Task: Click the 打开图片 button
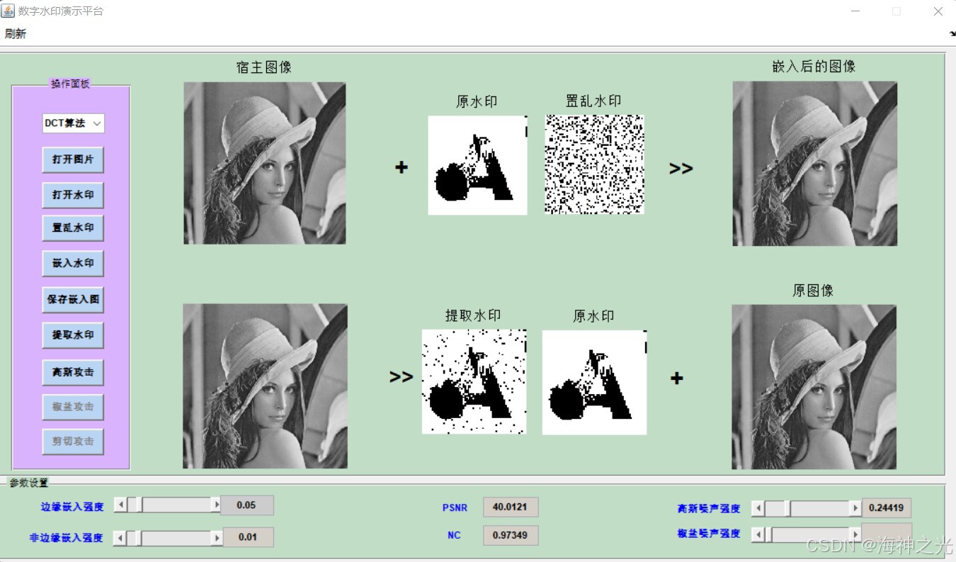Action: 73,159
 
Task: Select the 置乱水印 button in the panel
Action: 73,228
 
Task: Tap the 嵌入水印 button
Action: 73,263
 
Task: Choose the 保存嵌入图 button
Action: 73,299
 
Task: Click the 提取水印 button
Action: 73,335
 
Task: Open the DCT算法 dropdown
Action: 73,123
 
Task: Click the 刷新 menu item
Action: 15,33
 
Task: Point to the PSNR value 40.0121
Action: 510,507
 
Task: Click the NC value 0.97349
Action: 510,535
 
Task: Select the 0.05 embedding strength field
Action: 246,505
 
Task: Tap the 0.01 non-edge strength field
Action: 248,537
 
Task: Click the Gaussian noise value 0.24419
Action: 886,507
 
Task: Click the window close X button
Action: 938,11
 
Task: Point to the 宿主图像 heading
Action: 264,67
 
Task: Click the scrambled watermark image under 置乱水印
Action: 594,164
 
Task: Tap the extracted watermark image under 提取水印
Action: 474,381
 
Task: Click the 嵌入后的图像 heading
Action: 814,67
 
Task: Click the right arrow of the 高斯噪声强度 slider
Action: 855,508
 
